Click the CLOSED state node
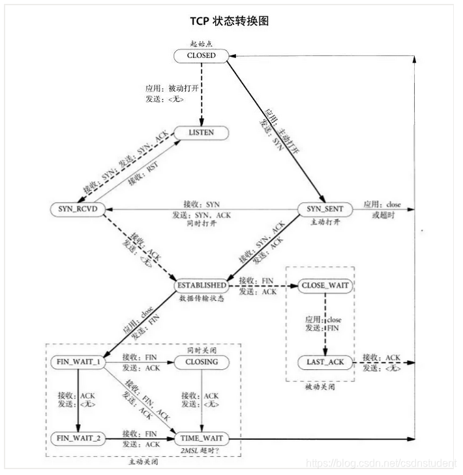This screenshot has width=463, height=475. click(x=201, y=56)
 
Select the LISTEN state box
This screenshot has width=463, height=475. click(x=201, y=133)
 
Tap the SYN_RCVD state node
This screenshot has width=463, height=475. click(x=78, y=209)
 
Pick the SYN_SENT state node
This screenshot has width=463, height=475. click(x=325, y=209)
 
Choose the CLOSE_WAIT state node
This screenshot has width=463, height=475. click(x=325, y=285)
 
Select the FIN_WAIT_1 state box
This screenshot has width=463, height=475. click(x=78, y=361)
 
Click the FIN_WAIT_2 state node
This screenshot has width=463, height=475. click(x=78, y=437)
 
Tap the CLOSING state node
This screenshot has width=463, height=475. click(x=201, y=361)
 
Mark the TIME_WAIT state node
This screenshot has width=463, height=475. click(x=201, y=437)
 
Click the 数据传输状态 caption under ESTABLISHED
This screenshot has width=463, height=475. click(x=202, y=298)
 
